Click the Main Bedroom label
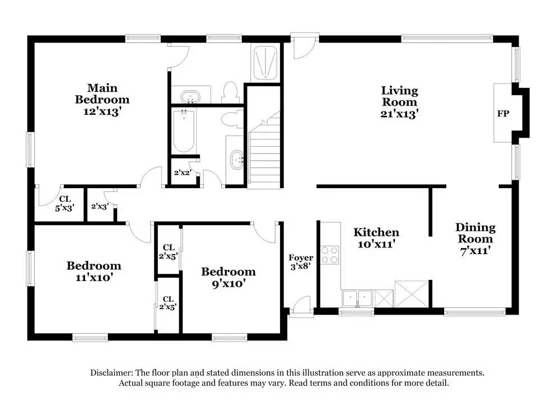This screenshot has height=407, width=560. click(x=102, y=93)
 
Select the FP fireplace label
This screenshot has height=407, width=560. click(x=503, y=114)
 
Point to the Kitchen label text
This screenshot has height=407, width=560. click(x=376, y=232)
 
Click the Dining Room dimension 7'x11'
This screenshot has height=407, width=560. click(x=475, y=251)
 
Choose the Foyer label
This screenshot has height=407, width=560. click(x=301, y=258)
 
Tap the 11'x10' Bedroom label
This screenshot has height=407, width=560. click(x=94, y=272)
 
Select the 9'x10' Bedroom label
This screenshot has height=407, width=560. click(x=228, y=278)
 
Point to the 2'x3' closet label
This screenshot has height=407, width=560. click(x=99, y=207)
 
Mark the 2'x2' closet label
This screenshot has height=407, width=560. click(x=182, y=173)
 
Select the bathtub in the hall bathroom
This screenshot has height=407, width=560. click(x=184, y=131)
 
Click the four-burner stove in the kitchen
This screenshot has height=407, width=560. click(x=330, y=255)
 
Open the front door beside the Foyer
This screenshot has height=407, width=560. click(x=300, y=306)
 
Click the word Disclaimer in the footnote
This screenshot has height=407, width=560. click(x=110, y=373)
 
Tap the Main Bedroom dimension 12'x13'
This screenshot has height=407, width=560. click(x=102, y=111)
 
